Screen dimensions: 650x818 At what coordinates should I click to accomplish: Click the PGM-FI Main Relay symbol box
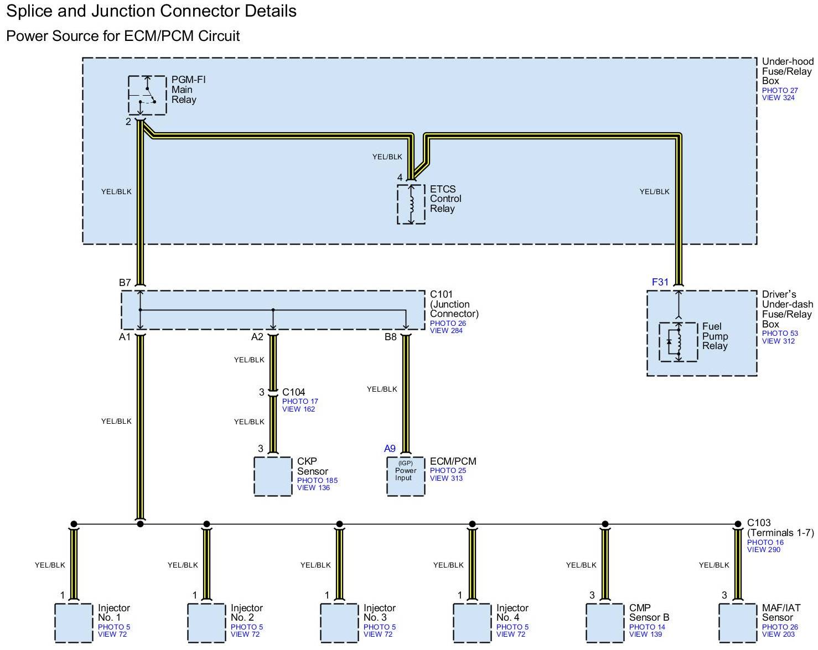click(147, 95)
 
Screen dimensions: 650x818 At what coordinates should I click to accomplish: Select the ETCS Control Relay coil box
click(411, 204)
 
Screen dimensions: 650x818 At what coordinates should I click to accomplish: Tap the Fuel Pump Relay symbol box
click(678, 342)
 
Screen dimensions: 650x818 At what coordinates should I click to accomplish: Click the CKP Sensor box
click(273, 476)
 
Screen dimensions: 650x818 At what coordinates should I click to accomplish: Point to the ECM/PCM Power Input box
click(405, 476)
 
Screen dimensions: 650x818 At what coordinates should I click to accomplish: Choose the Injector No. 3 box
click(339, 622)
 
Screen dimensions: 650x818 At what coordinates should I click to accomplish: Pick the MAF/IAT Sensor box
click(737, 622)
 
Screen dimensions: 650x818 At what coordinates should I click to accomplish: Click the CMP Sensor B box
click(605, 622)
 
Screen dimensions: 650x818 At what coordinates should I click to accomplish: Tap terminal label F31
click(660, 282)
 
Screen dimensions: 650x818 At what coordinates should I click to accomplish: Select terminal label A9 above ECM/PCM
click(390, 449)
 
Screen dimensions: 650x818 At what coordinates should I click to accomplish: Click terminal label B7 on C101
click(125, 283)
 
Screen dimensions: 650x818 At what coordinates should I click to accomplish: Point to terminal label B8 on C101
click(391, 337)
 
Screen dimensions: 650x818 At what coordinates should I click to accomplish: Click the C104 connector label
click(293, 392)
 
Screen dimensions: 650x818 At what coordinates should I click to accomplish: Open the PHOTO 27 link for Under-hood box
click(780, 90)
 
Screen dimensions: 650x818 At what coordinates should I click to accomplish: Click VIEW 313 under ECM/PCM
click(446, 478)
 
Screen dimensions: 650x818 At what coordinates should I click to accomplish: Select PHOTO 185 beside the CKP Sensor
click(317, 480)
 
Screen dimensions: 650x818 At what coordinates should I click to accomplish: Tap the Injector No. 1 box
click(74, 622)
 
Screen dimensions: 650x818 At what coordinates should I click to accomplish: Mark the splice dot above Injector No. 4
click(472, 524)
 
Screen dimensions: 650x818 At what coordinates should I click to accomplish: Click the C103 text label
click(758, 523)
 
